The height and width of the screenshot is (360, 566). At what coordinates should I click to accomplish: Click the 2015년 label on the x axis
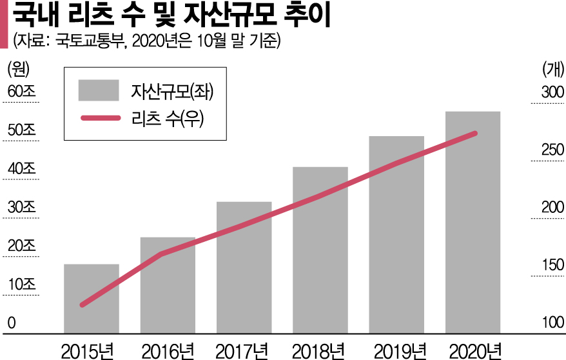91,350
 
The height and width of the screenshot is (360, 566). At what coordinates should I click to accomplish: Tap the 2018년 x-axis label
320,350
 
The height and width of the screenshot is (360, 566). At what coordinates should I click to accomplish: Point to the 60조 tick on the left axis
21,92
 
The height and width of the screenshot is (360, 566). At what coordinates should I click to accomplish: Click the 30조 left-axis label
21,208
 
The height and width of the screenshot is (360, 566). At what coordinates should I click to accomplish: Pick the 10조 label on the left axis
21,285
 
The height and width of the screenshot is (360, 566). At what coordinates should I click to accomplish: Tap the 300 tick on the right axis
552,92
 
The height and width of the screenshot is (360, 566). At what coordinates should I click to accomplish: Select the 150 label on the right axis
552,265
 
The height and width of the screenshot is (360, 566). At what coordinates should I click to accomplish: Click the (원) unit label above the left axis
17,67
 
